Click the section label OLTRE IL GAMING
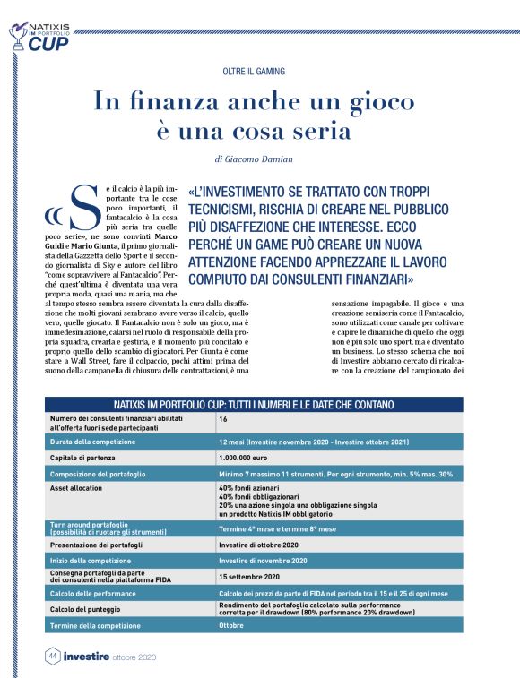(260, 71)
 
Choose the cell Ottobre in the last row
(231, 625)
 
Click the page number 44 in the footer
(52, 657)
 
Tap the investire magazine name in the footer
(86, 657)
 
